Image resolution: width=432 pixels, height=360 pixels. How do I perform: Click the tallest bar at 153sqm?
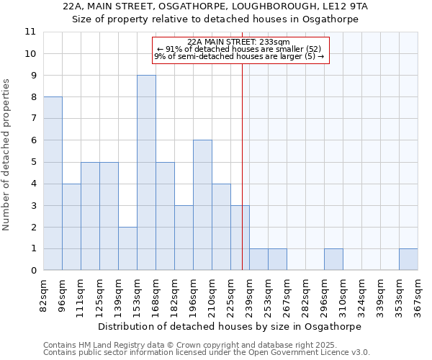(x=146, y=173)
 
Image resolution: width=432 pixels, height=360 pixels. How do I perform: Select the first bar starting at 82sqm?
(x=53, y=184)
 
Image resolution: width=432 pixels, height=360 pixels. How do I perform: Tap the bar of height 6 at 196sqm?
(x=202, y=205)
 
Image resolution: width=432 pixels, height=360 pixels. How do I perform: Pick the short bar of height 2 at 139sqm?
(x=127, y=248)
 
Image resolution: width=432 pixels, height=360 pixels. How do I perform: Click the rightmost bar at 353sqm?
(x=408, y=260)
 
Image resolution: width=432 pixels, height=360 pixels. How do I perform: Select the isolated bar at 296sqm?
(x=333, y=260)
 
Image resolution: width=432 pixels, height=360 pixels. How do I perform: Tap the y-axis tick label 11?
(x=30, y=32)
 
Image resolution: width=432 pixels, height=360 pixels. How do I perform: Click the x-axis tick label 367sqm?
(x=418, y=294)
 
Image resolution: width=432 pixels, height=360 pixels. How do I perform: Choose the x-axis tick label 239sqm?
(x=249, y=294)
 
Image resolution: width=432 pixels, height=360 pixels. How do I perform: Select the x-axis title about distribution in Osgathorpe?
(x=229, y=326)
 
